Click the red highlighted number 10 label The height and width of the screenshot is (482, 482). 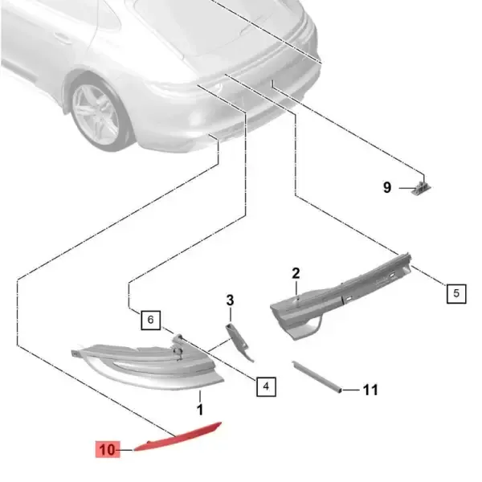108,449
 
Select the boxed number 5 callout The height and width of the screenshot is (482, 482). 456,293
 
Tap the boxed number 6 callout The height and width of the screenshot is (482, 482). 151,320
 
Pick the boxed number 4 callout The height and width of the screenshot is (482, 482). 266,386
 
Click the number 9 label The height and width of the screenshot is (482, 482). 387,187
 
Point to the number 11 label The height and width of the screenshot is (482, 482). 370,390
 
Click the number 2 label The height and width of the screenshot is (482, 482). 296,273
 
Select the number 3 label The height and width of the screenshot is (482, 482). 231,300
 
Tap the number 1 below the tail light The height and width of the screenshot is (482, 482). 200,410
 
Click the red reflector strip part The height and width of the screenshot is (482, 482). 178,438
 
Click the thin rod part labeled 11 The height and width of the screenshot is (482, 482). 317,377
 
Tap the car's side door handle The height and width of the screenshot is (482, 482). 63,38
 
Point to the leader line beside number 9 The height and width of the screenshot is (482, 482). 406,188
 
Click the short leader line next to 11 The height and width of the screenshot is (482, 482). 351,390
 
